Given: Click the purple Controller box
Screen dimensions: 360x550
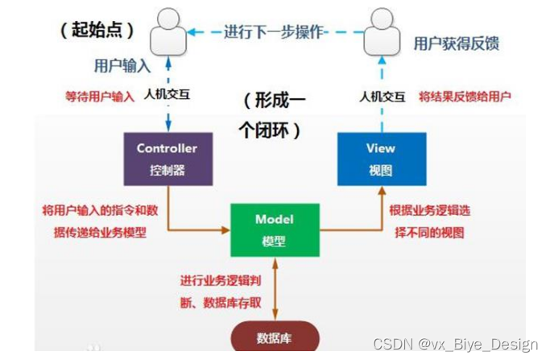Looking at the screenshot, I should (167, 158).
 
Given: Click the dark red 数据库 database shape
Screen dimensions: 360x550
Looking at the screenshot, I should (273, 339).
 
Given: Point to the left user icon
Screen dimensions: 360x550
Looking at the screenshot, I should (168, 31).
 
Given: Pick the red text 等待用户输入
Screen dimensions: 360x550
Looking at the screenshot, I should (100, 96).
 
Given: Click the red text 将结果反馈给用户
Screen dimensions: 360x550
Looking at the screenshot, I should (465, 96).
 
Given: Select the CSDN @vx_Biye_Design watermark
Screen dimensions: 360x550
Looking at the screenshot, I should (469, 345).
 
